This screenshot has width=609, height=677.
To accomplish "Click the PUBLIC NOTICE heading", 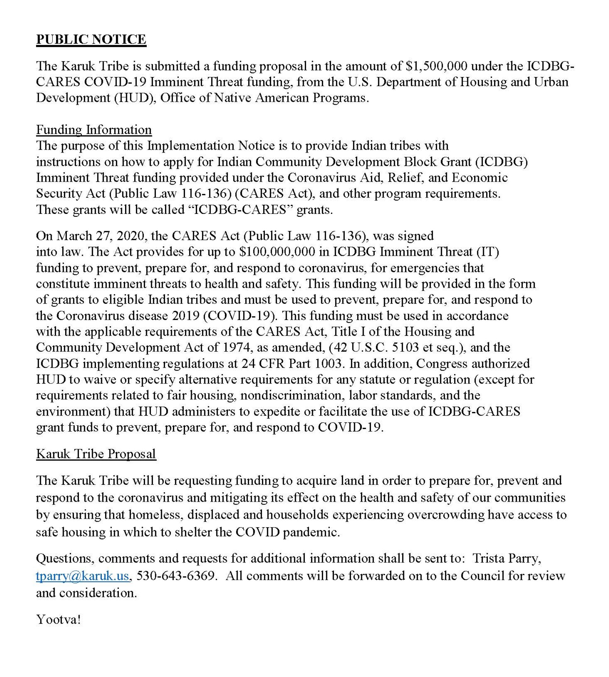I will (91, 40).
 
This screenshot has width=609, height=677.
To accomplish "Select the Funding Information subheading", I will (94, 130).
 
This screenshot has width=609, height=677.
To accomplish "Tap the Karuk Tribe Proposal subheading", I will (96, 454).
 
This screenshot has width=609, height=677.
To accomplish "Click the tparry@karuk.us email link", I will (82, 575).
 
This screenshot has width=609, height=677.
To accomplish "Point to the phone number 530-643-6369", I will (176, 575).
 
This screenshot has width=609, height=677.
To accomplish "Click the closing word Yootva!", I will (59, 619).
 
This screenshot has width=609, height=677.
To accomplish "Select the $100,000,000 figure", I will (277, 252).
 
